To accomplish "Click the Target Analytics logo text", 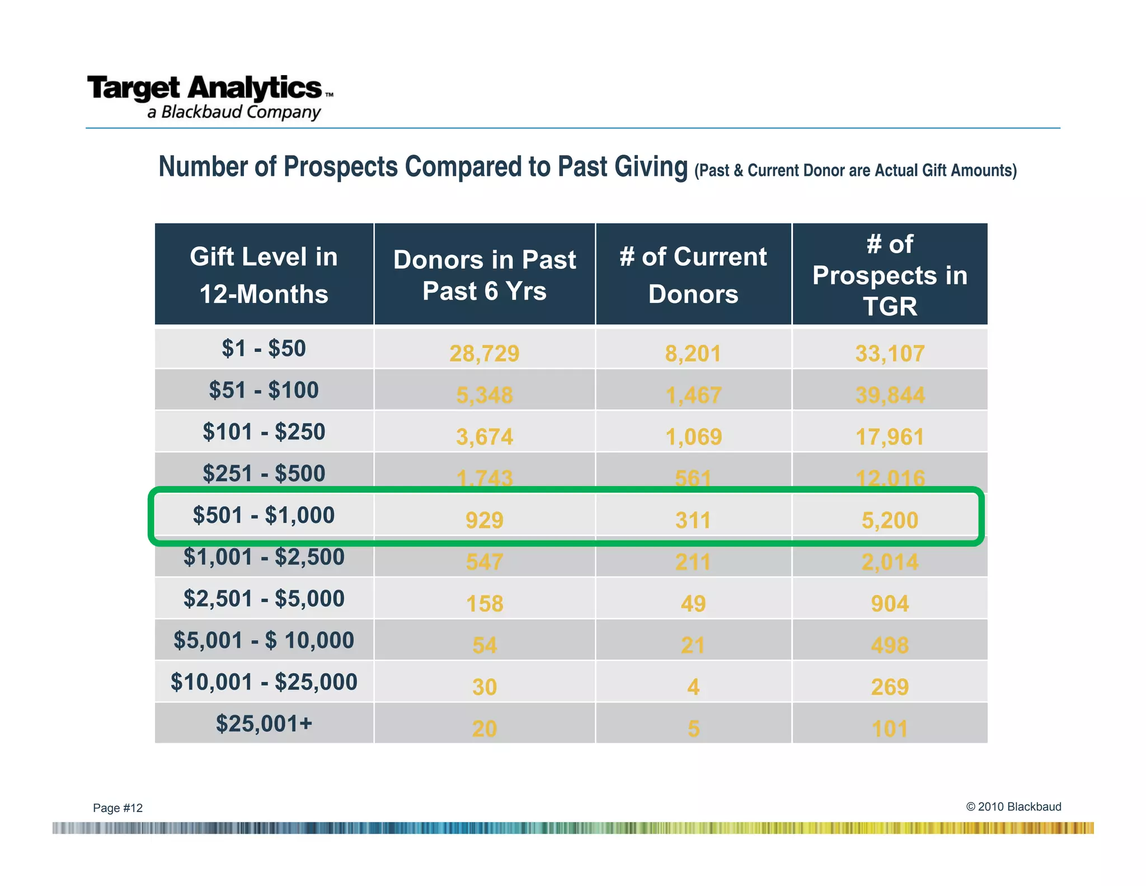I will (205, 88).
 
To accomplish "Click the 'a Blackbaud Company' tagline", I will (234, 112).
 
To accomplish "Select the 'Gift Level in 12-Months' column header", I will (264, 274).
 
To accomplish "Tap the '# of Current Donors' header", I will (693, 274).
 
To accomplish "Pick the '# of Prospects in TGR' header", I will (890, 274).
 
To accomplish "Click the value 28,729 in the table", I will (484, 353).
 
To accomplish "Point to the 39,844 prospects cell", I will (890, 395).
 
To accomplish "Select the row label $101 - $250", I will (264, 432).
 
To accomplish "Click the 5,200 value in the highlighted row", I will (890, 520).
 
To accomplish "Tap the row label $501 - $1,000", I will (264, 515).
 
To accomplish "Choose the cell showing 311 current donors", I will (693, 520).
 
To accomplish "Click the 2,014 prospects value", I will (890, 562).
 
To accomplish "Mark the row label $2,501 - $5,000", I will (264, 598).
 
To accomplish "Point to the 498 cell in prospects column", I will (890, 645).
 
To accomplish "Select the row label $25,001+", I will (264, 724).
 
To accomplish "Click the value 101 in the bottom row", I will (890, 729).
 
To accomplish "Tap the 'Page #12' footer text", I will (118, 808).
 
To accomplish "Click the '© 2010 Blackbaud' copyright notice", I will (1013, 806).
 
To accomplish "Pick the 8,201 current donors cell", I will (693, 353).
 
